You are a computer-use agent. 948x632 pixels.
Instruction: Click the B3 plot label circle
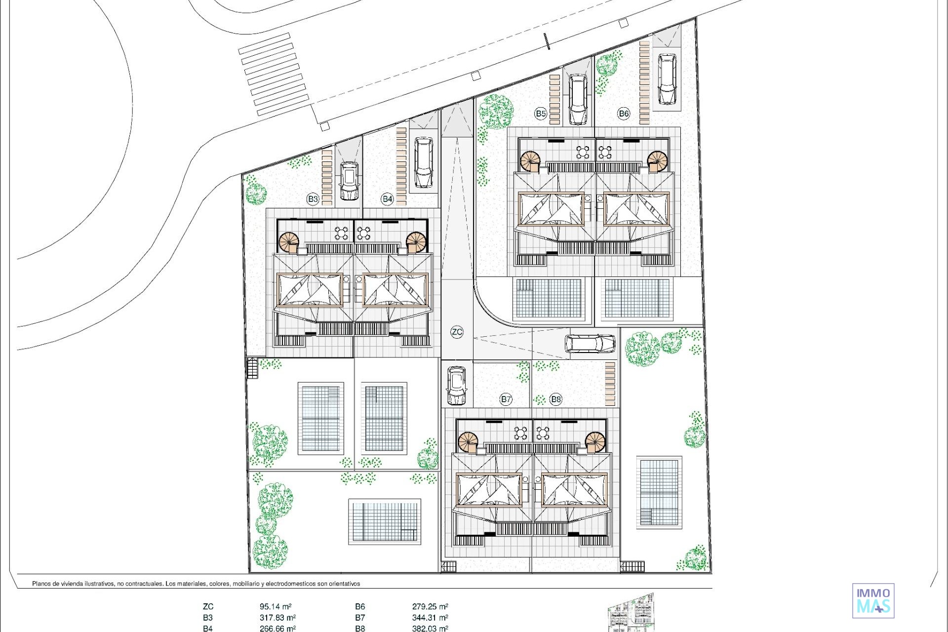coord(313,199)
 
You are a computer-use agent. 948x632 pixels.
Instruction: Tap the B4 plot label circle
coord(387,199)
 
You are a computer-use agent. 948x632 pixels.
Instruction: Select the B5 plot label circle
coord(541,114)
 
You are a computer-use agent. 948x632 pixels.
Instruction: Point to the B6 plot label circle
coord(624,114)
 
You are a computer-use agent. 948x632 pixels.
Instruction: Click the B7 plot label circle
coord(506,399)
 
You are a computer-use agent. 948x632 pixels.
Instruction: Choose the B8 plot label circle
coord(556,399)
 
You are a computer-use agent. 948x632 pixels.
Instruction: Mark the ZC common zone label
coord(457,332)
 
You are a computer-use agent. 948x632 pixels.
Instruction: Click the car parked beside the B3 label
coord(349,181)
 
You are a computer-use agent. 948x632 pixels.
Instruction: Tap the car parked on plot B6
coord(667,79)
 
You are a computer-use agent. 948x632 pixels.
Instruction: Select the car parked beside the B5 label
coord(578,99)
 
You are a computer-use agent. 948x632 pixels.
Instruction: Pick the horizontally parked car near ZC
coord(590,344)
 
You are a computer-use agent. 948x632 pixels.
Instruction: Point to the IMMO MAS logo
coord(873,600)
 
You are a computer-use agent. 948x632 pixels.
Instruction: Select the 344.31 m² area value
coord(430,617)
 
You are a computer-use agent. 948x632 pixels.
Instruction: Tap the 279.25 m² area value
coord(430,606)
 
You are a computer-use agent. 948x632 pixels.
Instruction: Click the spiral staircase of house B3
coord(289,242)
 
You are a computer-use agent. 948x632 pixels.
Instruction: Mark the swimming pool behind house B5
coord(548,299)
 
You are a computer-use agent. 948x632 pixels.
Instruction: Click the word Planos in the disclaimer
coord(42,584)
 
